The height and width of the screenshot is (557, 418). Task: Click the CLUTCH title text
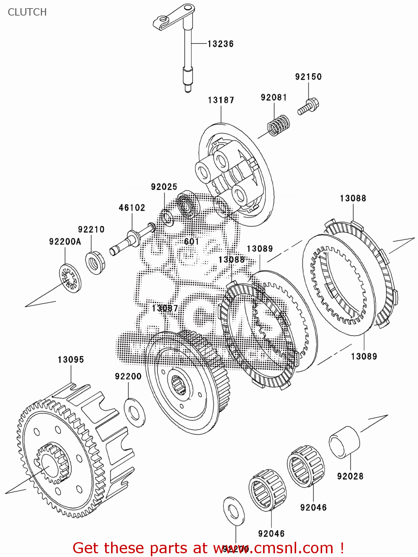27,12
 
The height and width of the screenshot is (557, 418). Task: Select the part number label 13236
220,44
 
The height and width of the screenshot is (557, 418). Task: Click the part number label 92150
308,77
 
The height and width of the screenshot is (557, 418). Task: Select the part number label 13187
221,100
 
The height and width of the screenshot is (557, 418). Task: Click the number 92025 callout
164,187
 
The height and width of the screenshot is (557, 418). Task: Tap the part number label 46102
132,208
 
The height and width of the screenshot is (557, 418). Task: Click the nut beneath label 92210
95,262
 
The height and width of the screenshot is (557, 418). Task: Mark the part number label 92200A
65,241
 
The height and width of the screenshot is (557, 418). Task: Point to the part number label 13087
165,308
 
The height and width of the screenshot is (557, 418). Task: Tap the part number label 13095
71,359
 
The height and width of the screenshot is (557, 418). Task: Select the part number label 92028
350,476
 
